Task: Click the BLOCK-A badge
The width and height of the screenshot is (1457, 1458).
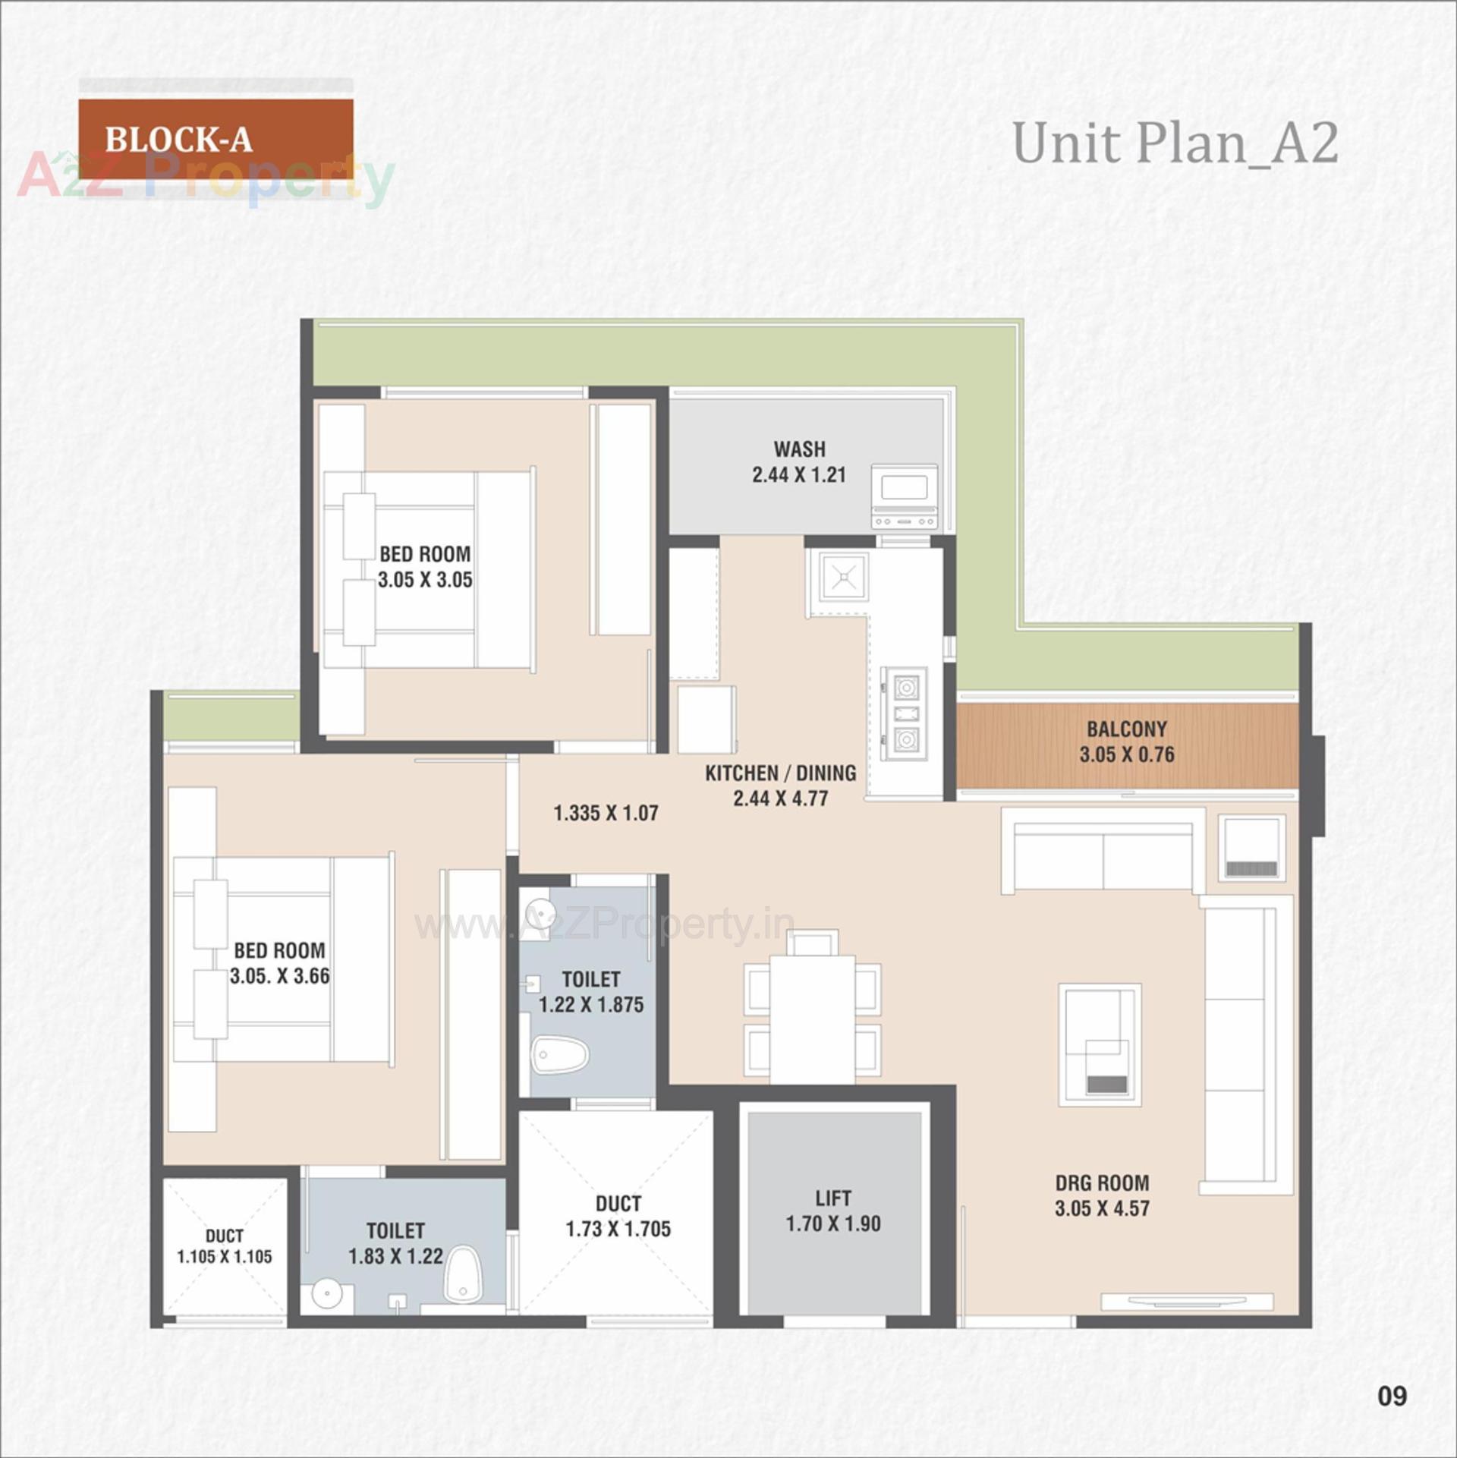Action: pos(216,139)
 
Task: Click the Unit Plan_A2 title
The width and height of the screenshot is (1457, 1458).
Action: pos(1175,143)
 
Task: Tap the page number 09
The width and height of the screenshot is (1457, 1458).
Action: pos(1392,1396)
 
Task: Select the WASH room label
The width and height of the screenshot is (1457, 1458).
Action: pos(799,449)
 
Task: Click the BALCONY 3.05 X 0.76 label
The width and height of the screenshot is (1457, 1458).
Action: pos(1126,742)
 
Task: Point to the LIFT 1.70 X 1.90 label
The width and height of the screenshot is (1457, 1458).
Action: pos(832,1211)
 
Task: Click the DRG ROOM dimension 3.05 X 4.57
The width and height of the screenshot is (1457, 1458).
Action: pos(1102,1208)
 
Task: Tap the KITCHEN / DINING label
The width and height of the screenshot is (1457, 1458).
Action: pos(780,773)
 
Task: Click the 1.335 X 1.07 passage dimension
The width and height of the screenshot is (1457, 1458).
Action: pos(606,813)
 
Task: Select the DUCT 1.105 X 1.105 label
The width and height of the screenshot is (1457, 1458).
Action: pos(224,1245)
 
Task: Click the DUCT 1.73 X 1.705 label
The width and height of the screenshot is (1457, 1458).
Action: pos(618,1216)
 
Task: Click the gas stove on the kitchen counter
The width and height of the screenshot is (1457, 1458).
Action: pos(905,713)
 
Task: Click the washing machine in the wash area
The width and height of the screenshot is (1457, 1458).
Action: pos(904,496)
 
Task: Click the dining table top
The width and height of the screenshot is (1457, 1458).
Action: pos(812,1019)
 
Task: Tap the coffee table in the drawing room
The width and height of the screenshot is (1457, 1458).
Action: pos(1100,1044)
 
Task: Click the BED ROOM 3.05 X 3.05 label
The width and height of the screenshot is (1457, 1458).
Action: pos(425,567)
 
